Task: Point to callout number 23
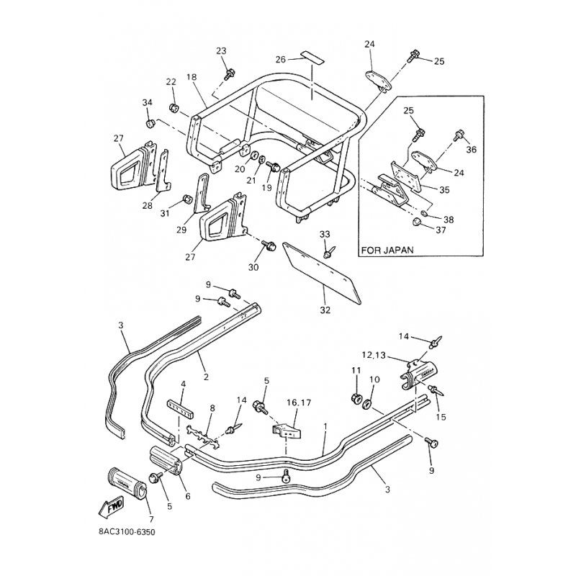(x=221, y=50)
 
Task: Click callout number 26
(x=281, y=59)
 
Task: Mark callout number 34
(x=147, y=103)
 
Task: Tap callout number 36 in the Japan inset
(x=472, y=150)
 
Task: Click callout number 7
(x=150, y=519)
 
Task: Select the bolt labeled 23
(x=230, y=73)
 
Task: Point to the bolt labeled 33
(x=328, y=253)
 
